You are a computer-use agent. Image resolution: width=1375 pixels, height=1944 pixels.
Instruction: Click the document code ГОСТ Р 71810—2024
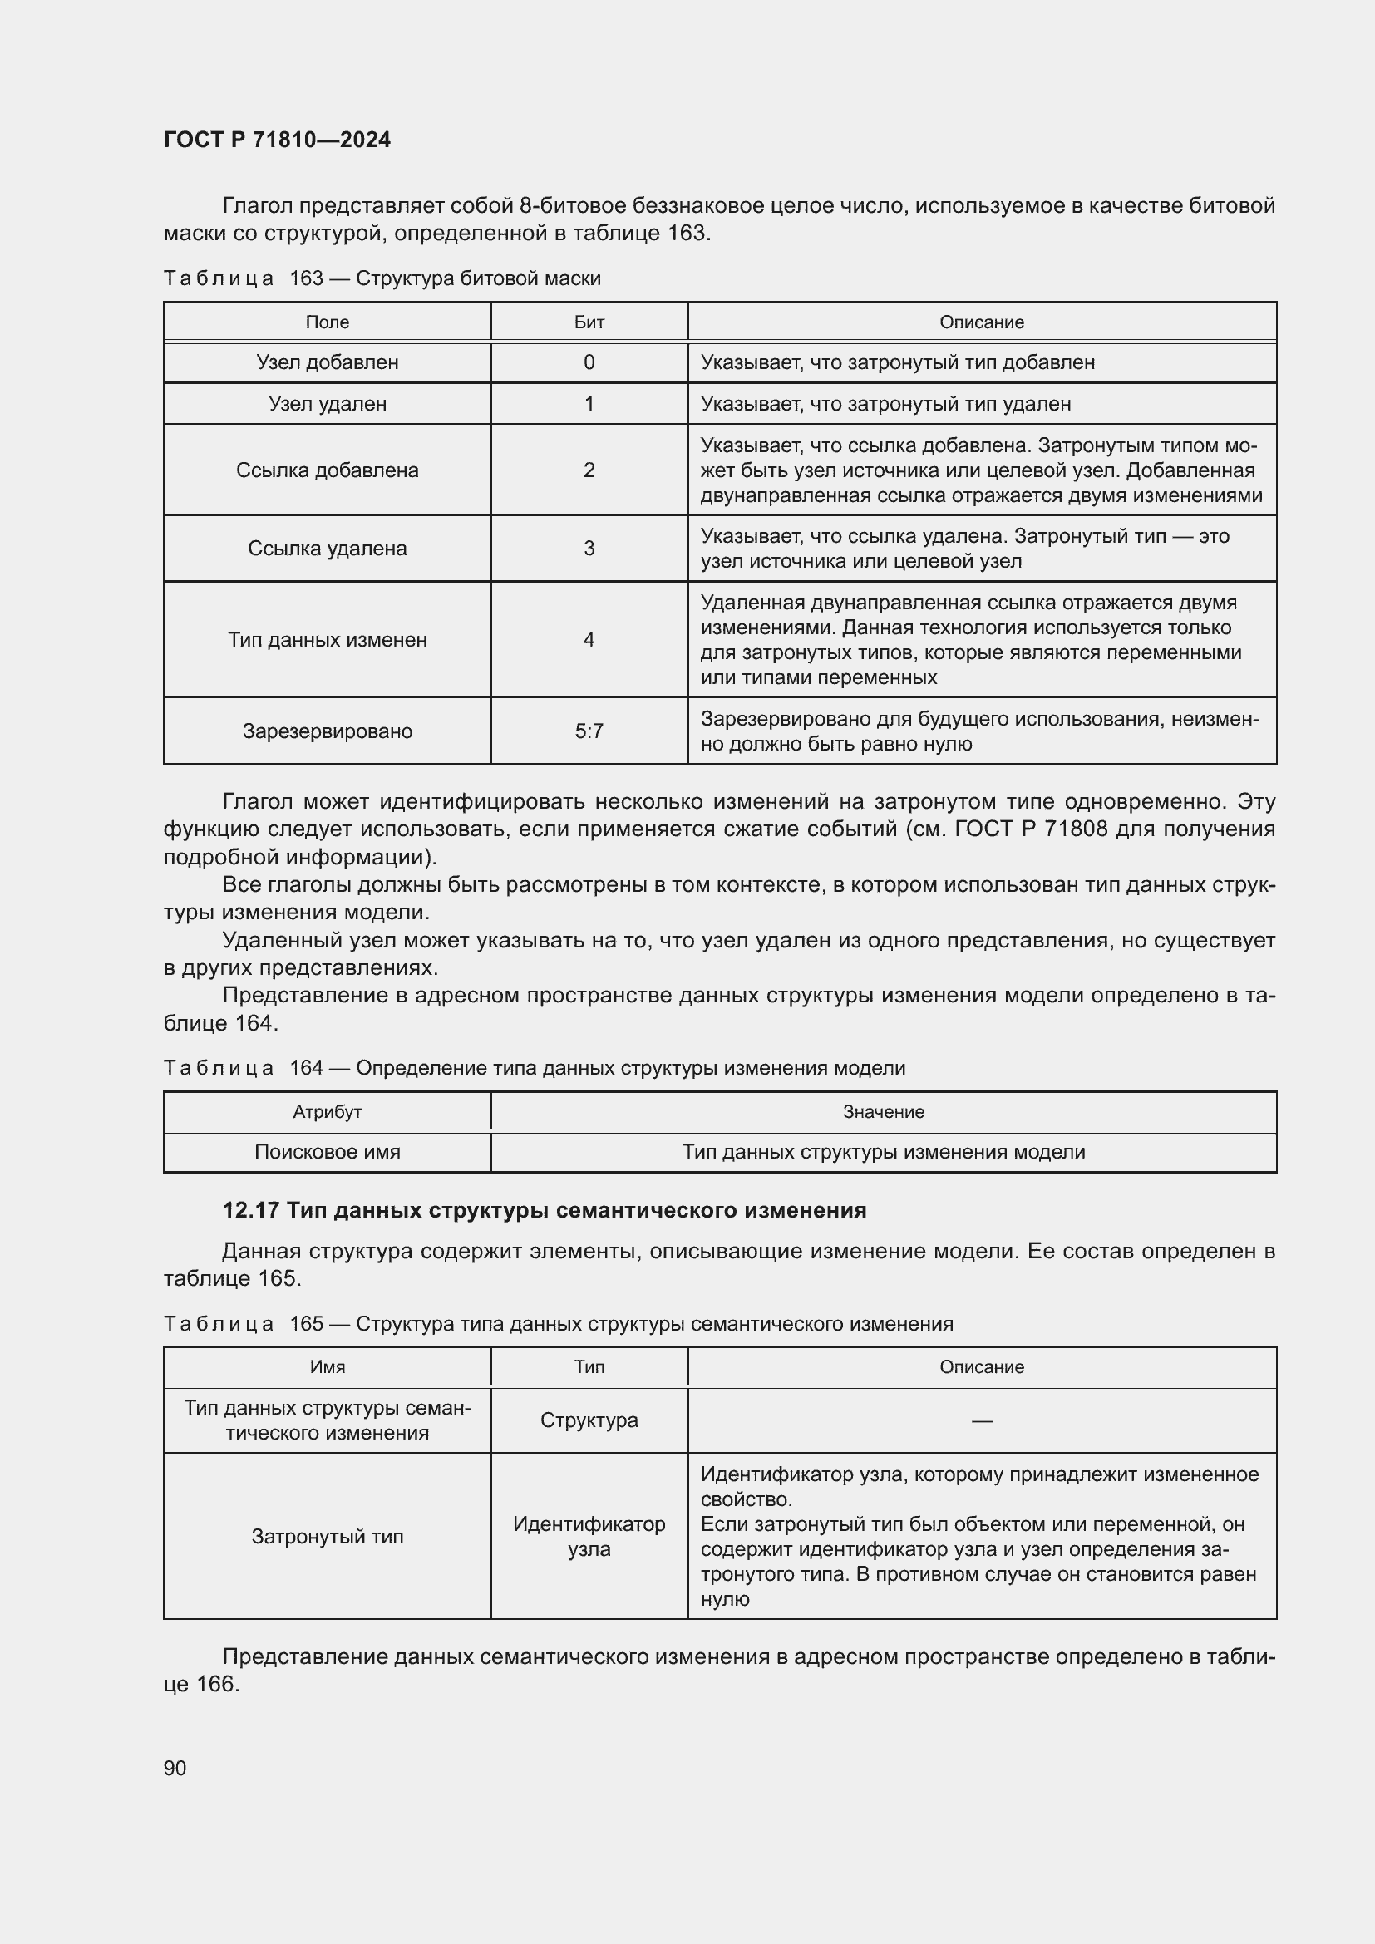[277, 140]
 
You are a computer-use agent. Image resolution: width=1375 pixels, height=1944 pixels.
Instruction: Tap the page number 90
[175, 1768]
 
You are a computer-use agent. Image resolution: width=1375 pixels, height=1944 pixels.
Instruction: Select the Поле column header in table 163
[327, 322]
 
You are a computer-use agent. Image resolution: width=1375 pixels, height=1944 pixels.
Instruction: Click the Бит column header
[589, 322]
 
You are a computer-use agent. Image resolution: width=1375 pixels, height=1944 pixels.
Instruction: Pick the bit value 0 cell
[589, 362]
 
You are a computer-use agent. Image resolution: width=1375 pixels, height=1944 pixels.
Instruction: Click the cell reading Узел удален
[327, 404]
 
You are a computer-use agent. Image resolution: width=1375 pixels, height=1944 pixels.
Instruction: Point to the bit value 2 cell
[589, 470]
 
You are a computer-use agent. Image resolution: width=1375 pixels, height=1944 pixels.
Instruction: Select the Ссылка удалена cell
[327, 549]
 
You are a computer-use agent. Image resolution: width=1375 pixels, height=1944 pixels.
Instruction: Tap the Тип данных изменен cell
[327, 640]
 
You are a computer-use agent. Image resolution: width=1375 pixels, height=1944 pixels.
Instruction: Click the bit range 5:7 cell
[589, 731]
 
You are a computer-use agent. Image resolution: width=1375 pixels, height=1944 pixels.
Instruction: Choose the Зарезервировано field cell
[327, 731]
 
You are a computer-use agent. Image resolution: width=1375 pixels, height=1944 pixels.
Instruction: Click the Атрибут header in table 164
[327, 1112]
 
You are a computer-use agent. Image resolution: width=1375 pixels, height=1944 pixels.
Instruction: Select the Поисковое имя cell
[327, 1151]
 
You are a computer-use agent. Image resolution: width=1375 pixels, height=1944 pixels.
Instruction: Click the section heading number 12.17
[250, 1211]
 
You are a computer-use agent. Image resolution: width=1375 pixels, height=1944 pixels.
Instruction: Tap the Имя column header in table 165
[327, 1366]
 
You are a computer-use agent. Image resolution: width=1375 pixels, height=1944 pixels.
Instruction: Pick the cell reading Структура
[589, 1420]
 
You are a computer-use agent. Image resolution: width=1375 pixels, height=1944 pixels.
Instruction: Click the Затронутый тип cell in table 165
[327, 1536]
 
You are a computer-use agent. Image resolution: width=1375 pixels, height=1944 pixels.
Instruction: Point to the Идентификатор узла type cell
[589, 1536]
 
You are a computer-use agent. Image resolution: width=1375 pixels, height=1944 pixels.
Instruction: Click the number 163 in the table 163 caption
[307, 278]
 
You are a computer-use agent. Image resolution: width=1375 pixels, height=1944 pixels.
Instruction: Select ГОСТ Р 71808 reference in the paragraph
[1030, 829]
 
